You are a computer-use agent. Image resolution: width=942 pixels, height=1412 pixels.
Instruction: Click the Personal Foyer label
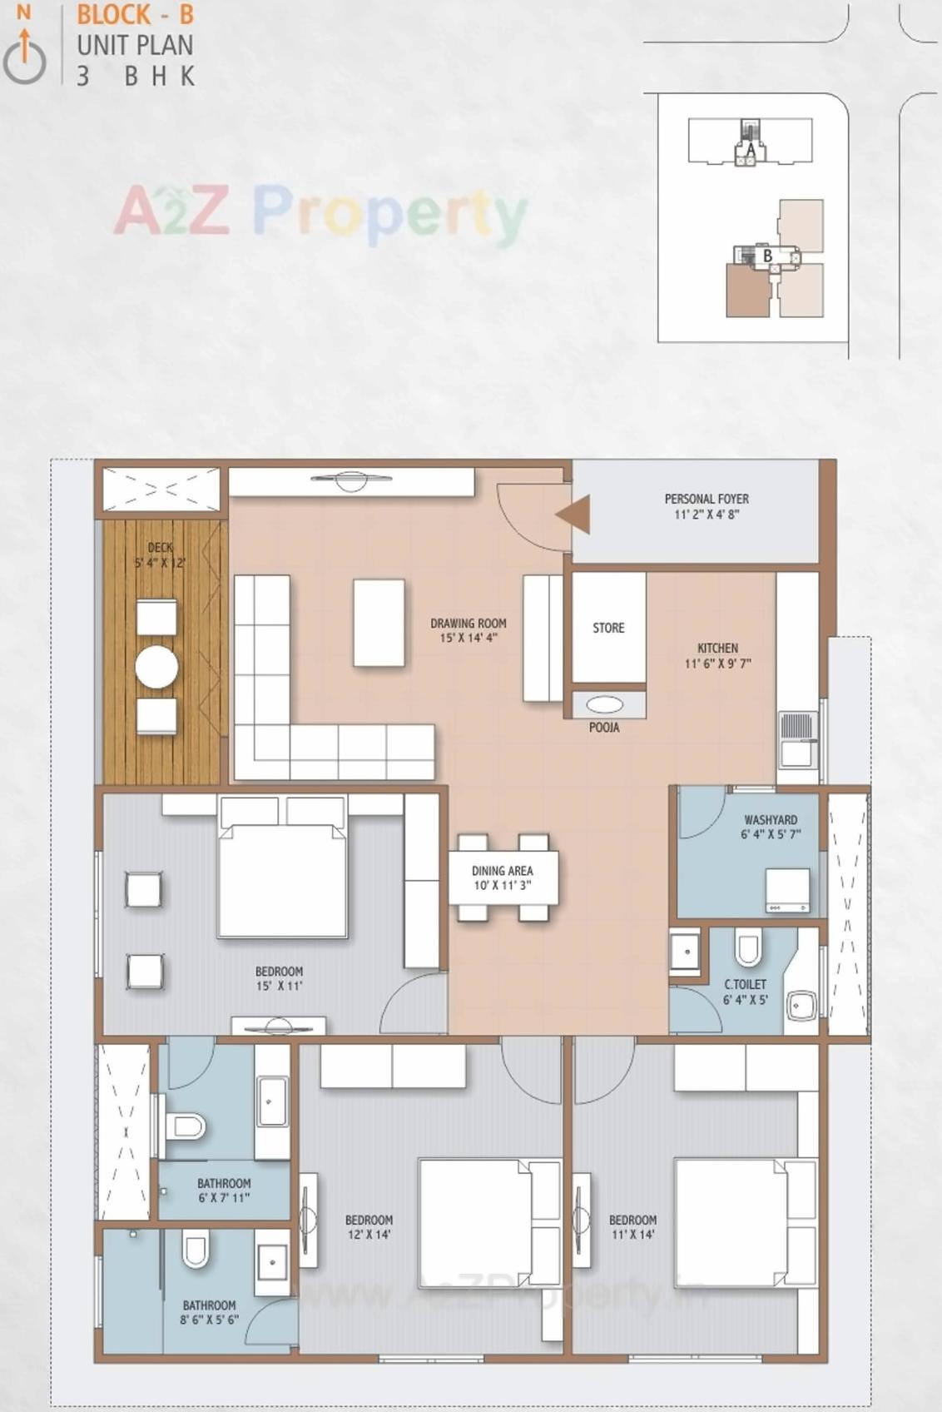[x=706, y=500]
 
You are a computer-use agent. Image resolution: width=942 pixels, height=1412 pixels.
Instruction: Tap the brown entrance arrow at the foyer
[x=574, y=514]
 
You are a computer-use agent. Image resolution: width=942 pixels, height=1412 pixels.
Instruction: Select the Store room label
[x=608, y=628]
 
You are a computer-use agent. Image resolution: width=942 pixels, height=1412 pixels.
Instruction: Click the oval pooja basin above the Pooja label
[x=604, y=705]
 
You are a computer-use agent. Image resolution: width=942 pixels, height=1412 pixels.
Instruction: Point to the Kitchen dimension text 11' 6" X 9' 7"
[x=717, y=664]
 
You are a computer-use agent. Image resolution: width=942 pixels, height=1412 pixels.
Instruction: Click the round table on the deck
[x=156, y=666]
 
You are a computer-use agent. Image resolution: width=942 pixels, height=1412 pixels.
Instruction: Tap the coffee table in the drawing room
[x=379, y=622]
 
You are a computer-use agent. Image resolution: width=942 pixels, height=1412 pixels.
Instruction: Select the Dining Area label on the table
[x=502, y=871]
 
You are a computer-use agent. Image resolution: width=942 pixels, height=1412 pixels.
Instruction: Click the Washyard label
[x=771, y=820]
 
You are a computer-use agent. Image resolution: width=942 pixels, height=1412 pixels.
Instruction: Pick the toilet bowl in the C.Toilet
[x=747, y=948]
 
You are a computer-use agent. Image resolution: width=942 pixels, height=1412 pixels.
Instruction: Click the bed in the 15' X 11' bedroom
[x=281, y=878]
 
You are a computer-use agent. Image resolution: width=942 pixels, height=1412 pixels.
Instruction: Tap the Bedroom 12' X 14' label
[x=369, y=1227]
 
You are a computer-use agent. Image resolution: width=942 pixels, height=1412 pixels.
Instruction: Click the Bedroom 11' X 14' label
[x=632, y=1227]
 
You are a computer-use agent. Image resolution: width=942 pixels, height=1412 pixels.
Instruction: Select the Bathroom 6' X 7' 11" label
[x=224, y=1191]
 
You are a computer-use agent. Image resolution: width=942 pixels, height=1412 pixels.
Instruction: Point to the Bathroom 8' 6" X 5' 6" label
[x=209, y=1312]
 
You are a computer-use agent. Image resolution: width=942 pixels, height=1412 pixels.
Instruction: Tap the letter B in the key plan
[x=767, y=256]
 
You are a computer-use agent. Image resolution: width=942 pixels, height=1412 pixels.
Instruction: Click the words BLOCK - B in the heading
[x=135, y=15]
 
